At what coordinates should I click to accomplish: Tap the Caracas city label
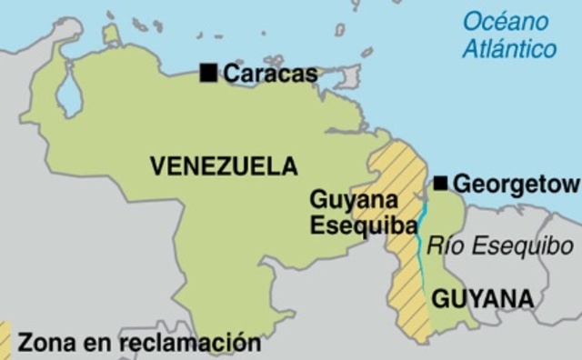(270, 74)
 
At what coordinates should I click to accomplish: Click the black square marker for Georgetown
(441, 184)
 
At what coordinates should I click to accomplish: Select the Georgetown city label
(516, 185)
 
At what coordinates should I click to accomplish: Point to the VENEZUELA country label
(224, 165)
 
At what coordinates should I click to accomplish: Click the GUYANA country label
(483, 298)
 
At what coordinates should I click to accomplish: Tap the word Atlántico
(509, 48)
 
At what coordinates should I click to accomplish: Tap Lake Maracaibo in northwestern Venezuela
(68, 94)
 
